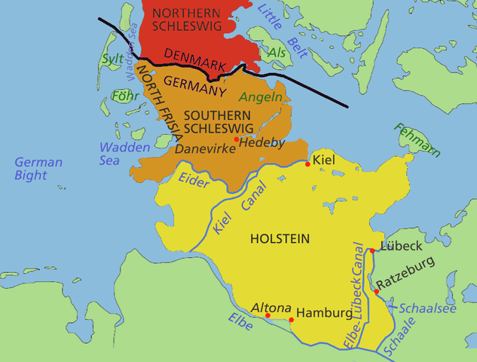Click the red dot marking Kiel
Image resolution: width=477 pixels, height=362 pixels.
pos(307,163)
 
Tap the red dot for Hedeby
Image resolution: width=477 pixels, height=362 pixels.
pos(237,140)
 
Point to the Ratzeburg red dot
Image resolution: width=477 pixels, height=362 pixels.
pos(376,290)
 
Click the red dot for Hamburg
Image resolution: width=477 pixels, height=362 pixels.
pos(292,320)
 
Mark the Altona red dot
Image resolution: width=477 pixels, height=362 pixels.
pos(268,315)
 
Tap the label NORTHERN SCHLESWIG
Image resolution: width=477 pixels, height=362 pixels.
pos(186,18)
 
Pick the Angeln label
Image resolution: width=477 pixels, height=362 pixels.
pos(261,97)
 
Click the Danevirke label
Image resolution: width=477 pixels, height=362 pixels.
pos(201,149)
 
